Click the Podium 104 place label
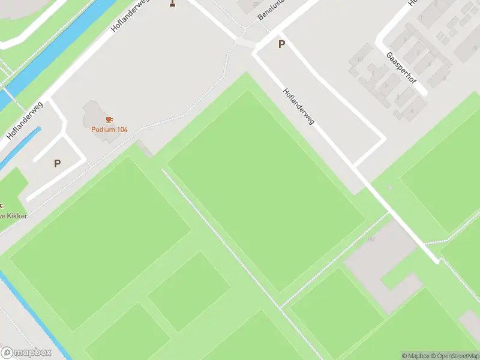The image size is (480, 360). tap(109, 129)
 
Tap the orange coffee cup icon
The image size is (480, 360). tap(109, 120)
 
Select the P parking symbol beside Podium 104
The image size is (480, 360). tap(58, 163)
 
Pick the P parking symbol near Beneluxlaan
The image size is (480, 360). tap(281, 44)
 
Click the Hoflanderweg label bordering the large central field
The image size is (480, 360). tap(299, 107)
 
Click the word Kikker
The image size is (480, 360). tap(17, 215)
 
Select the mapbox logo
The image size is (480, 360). tap(26, 353)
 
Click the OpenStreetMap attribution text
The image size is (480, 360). tap(457, 356)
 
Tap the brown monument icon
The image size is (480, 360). tap(173, 3)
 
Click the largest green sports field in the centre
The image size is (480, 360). tap(265, 192)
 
